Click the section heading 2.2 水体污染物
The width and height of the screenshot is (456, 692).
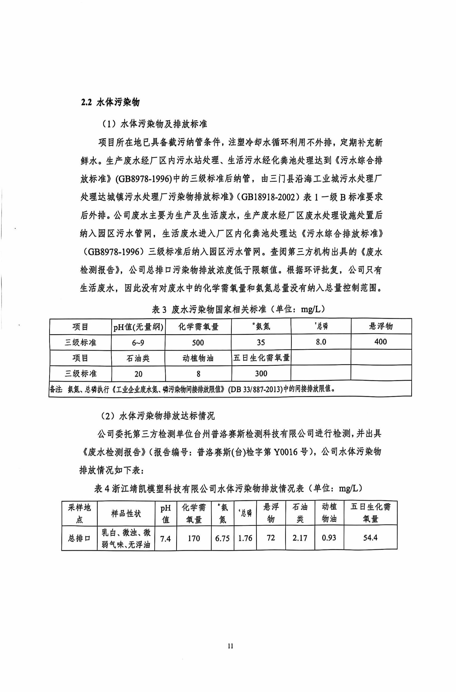click(x=110, y=102)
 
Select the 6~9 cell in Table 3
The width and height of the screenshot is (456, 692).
click(x=138, y=343)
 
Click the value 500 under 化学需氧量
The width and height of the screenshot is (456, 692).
click(x=198, y=343)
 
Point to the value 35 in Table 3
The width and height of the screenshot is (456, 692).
click(x=261, y=342)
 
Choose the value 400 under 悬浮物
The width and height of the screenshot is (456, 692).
click(x=381, y=342)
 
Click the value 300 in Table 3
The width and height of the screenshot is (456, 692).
click(x=261, y=373)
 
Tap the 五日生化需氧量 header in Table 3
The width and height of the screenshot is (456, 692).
click(x=261, y=358)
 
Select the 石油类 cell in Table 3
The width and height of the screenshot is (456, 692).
click(x=138, y=358)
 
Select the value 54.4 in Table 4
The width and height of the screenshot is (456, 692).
click(x=370, y=538)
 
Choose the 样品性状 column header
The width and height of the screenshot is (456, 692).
click(x=126, y=514)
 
